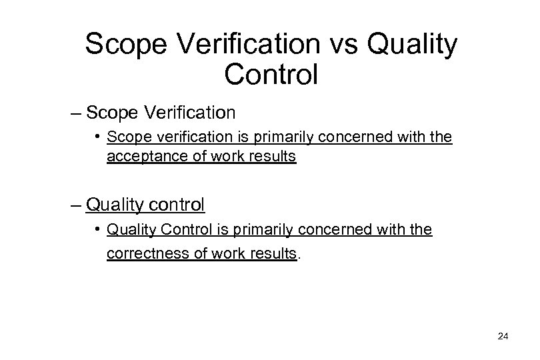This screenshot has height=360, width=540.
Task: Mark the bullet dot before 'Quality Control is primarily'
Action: click(97, 230)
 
